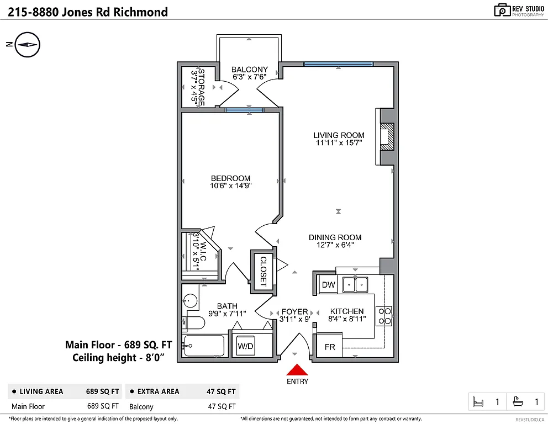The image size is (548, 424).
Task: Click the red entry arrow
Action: click(x=297, y=370)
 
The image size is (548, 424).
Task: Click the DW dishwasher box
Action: click(x=328, y=285)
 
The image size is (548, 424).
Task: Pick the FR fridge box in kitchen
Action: click(x=329, y=347)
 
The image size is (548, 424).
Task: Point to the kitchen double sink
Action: click(x=355, y=285)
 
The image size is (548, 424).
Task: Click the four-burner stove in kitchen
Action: click(x=384, y=315)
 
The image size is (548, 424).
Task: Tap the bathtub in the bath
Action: click(x=204, y=347)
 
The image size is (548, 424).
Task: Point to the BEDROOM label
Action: click(x=230, y=178)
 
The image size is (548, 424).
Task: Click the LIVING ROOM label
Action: click(x=339, y=135)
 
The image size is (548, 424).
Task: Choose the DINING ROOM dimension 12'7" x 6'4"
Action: click(x=335, y=245)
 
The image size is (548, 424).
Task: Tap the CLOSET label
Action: click(x=263, y=272)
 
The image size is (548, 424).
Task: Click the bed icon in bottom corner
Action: click(x=479, y=402)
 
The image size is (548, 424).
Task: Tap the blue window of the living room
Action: click(x=338, y=65)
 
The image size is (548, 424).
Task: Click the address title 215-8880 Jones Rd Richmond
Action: click(x=88, y=12)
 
